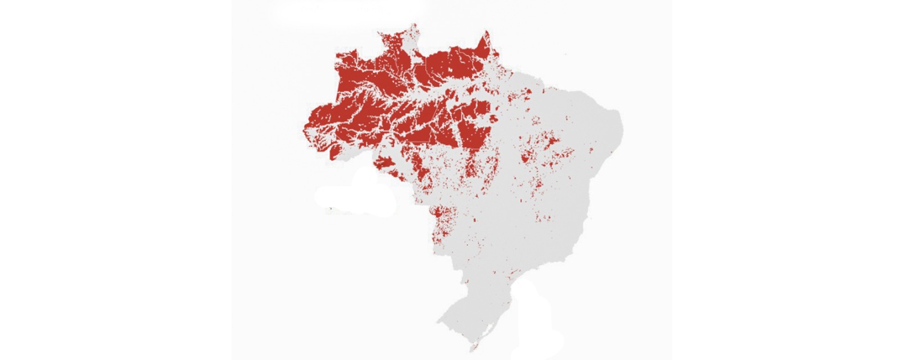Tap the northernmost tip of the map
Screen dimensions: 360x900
[415, 25]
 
